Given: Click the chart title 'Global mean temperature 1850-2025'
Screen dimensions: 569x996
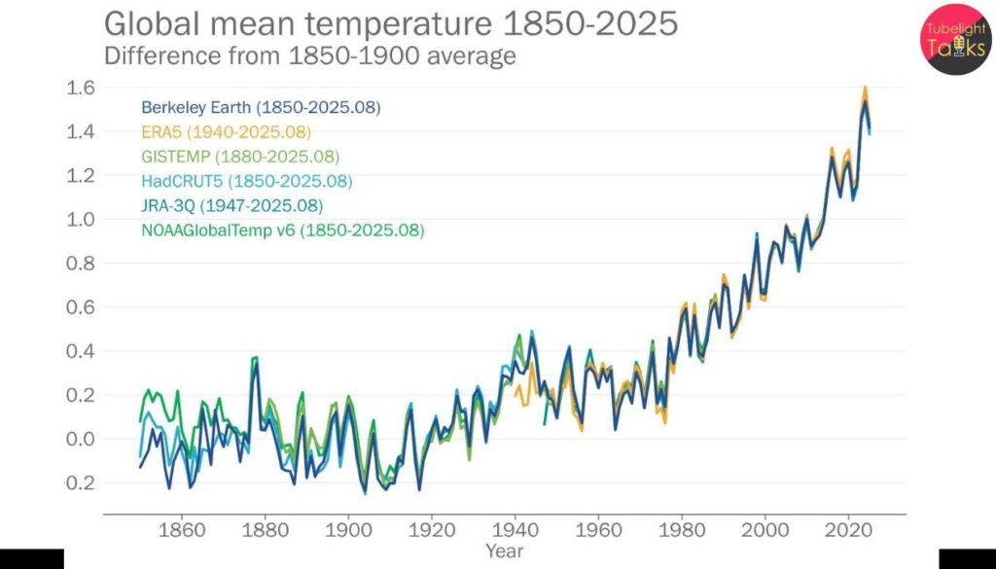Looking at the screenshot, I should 390,23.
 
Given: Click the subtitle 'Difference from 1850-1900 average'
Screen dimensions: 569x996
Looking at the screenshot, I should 309,55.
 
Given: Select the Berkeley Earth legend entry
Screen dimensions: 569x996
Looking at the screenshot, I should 261,107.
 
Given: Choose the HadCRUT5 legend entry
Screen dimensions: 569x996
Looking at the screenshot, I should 246,181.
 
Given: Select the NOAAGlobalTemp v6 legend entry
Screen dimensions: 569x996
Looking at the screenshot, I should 282,231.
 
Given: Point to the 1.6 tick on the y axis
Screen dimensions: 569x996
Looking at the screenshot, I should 81,88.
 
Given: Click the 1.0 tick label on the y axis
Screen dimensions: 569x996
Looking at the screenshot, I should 81,220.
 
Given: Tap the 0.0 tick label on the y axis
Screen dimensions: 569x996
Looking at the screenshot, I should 81,439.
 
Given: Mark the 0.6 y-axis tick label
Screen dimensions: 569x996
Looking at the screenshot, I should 81,307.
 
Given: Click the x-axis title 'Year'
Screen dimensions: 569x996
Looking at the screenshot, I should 505,551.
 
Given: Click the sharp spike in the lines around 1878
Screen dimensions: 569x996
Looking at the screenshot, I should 255,360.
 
